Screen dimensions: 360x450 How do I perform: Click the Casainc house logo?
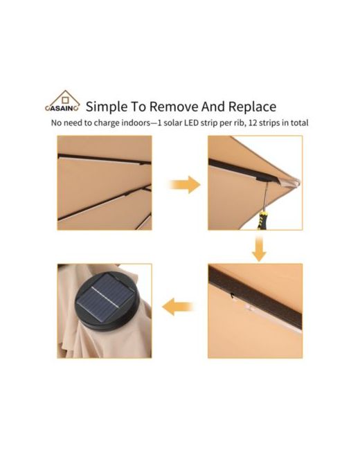(x=62, y=101)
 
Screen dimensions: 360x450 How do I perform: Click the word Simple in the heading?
(x=107, y=107)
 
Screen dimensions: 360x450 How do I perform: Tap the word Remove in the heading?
(x=174, y=107)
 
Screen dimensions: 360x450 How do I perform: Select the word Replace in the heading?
(x=252, y=107)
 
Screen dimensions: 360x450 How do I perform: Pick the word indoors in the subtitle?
(x=136, y=123)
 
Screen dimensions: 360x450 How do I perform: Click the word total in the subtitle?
(x=300, y=123)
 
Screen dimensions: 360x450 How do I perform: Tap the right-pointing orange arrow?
(x=185, y=185)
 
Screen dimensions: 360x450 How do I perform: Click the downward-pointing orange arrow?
(x=259, y=249)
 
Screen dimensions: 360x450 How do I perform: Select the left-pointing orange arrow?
(x=178, y=307)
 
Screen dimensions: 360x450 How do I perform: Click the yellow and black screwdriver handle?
(x=262, y=220)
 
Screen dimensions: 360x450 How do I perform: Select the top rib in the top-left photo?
(x=105, y=159)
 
